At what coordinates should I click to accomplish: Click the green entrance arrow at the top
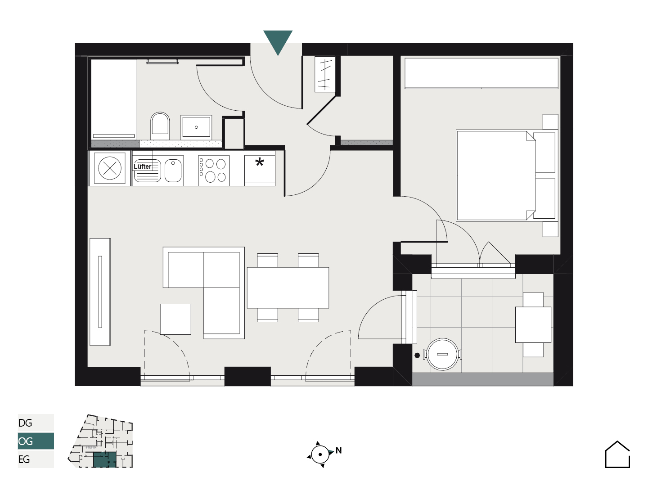[x=278, y=40]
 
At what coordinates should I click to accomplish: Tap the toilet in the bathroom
[x=160, y=126]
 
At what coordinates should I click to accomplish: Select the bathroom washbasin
[x=196, y=127]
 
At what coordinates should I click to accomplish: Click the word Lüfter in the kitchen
[x=143, y=166]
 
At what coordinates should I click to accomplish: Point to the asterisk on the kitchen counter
[x=260, y=162]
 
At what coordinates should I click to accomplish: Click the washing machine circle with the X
[x=109, y=168]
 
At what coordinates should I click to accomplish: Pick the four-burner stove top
[x=214, y=171]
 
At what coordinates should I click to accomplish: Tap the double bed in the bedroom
[x=507, y=175]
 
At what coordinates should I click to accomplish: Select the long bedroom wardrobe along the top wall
[x=481, y=73]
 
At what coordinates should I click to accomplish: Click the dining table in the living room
[x=288, y=288]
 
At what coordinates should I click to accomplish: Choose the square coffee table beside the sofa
[x=175, y=319]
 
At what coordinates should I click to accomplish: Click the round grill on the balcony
[x=442, y=354]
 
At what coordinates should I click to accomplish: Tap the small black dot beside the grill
[x=417, y=355]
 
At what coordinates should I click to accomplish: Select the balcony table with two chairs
[x=533, y=324]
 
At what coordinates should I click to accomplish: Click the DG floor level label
[x=25, y=423]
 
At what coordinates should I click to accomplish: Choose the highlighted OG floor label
[x=25, y=441]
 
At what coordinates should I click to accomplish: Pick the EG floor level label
[x=24, y=459]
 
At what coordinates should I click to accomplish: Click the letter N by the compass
[x=338, y=450]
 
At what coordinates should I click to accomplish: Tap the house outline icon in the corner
[x=617, y=454]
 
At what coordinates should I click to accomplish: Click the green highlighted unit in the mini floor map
[x=104, y=459]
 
